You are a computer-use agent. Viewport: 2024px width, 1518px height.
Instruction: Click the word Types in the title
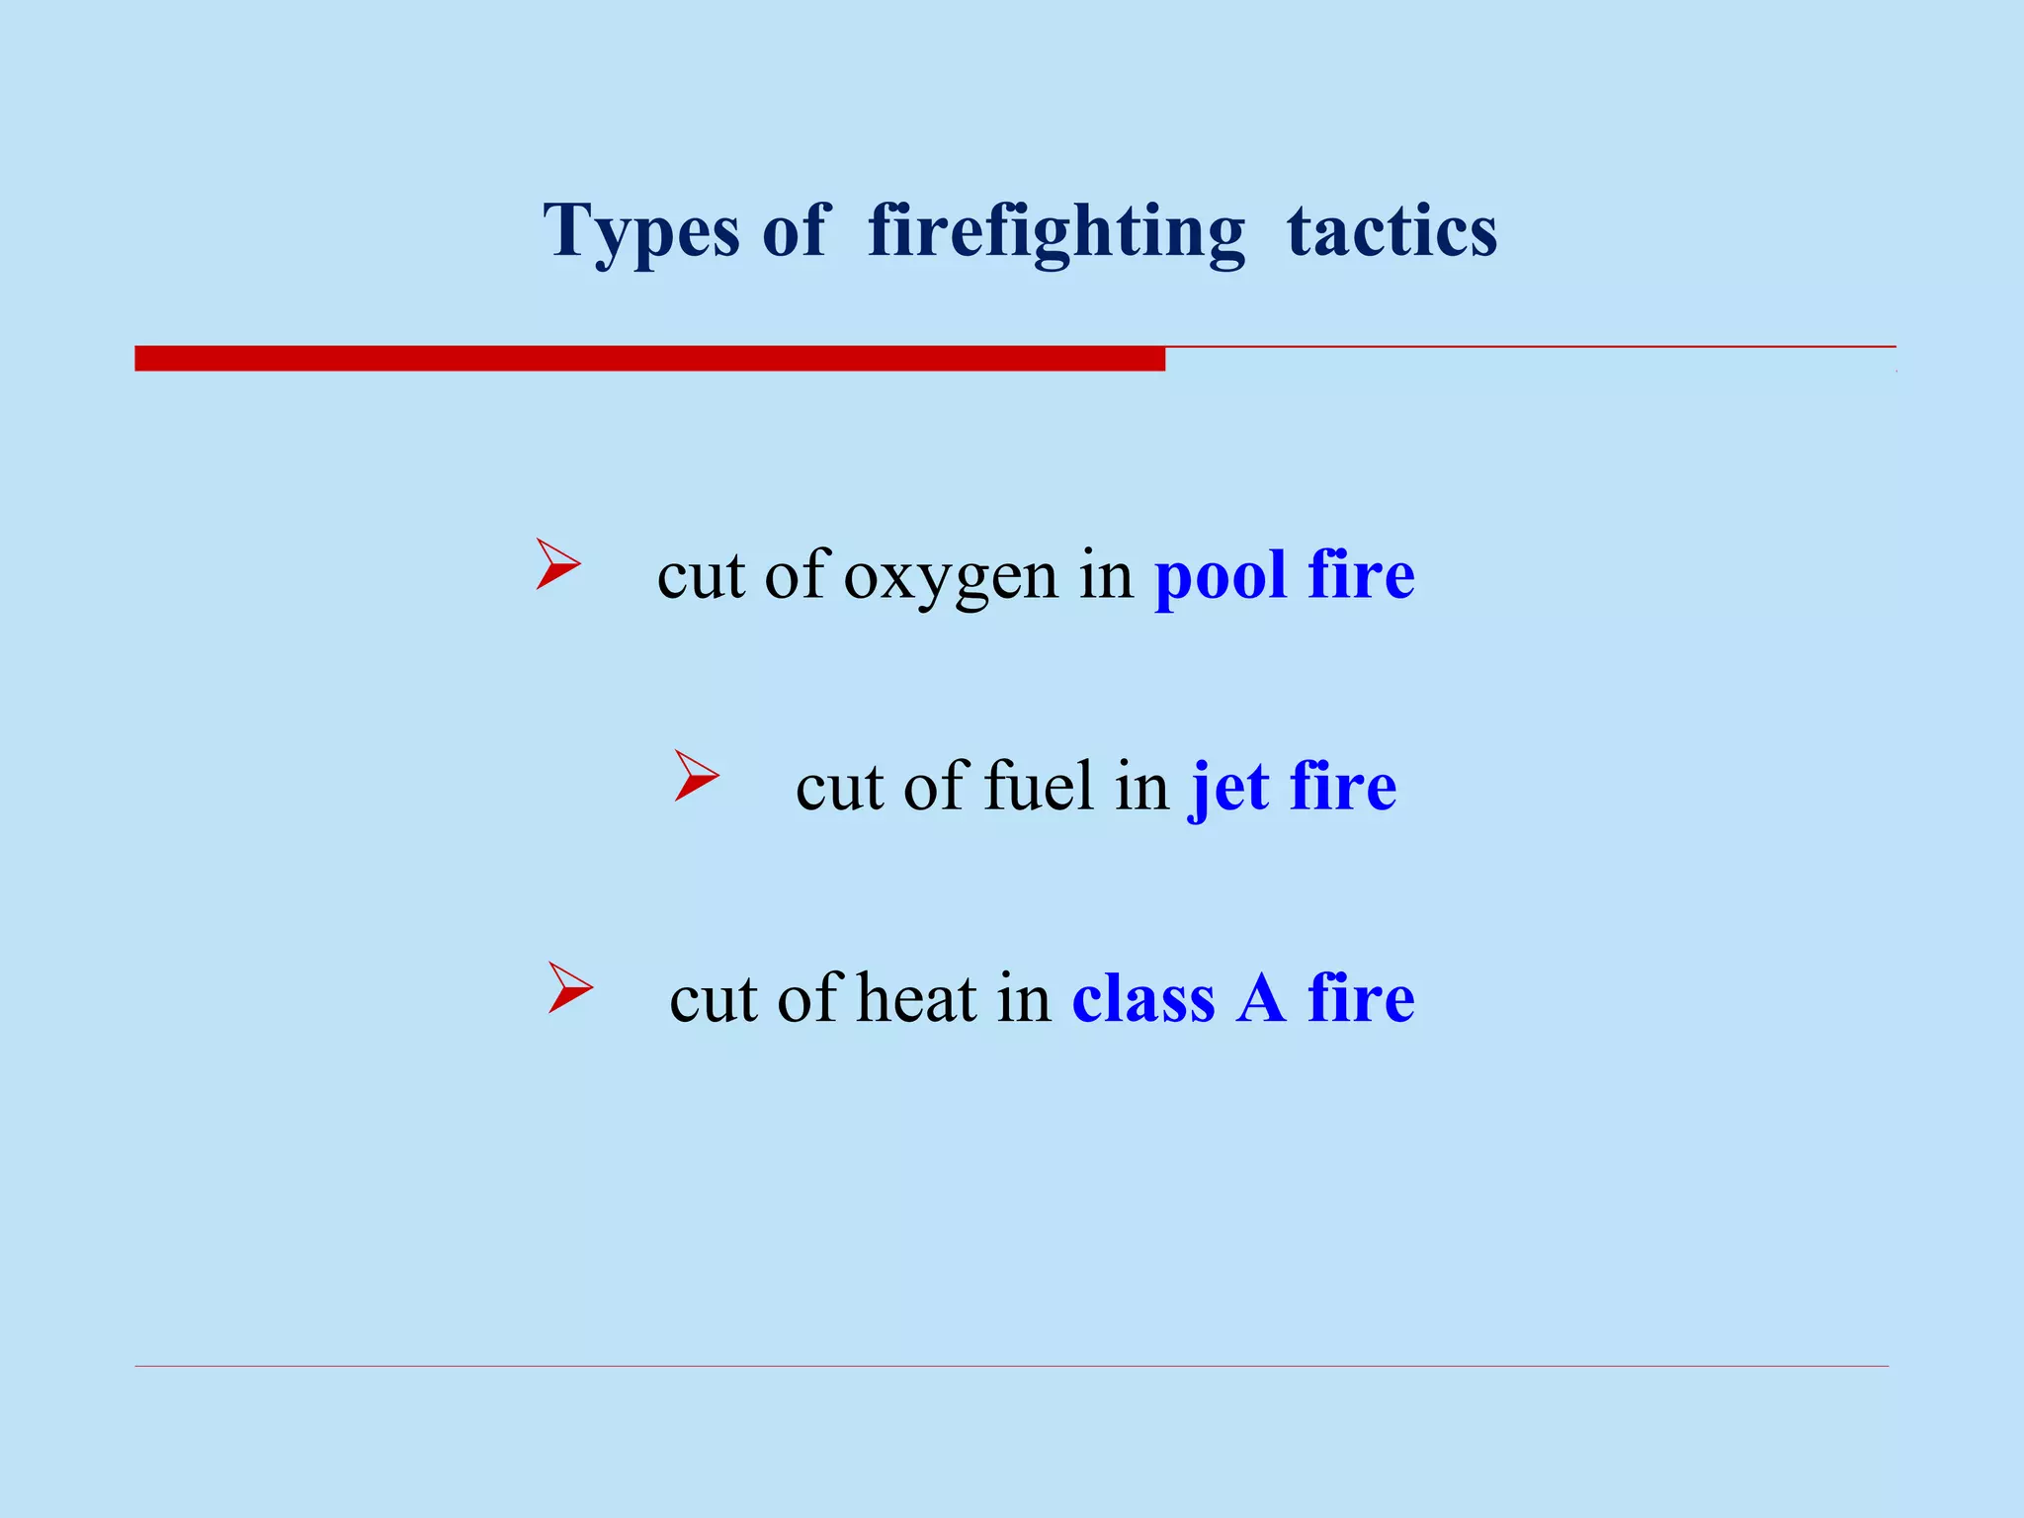click(x=640, y=231)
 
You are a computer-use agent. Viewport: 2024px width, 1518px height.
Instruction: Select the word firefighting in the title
click(x=1055, y=231)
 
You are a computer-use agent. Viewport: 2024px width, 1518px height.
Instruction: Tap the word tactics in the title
click(x=1391, y=231)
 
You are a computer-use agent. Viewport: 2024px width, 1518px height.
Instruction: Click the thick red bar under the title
click(x=649, y=359)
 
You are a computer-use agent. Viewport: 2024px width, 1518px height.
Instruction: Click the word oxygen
click(x=950, y=575)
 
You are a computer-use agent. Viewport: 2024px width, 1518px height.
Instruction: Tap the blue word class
click(x=1143, y=998)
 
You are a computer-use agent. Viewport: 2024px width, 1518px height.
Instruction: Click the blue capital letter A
click(x=1261, y=998)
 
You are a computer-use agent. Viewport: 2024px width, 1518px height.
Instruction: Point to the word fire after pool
click(x=1361, y=575)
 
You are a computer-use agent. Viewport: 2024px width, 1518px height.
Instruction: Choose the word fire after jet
click(x=1343, y=787)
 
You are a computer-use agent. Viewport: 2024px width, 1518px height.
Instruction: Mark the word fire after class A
click(x=1361, y=998)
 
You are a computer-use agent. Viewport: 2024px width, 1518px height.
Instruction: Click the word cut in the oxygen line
click(x=701, y=575)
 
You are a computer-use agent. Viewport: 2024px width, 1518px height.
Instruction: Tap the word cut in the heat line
click(x=713, y=998)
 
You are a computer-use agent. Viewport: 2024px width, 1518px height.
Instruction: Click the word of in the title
click(x=794, y=231)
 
